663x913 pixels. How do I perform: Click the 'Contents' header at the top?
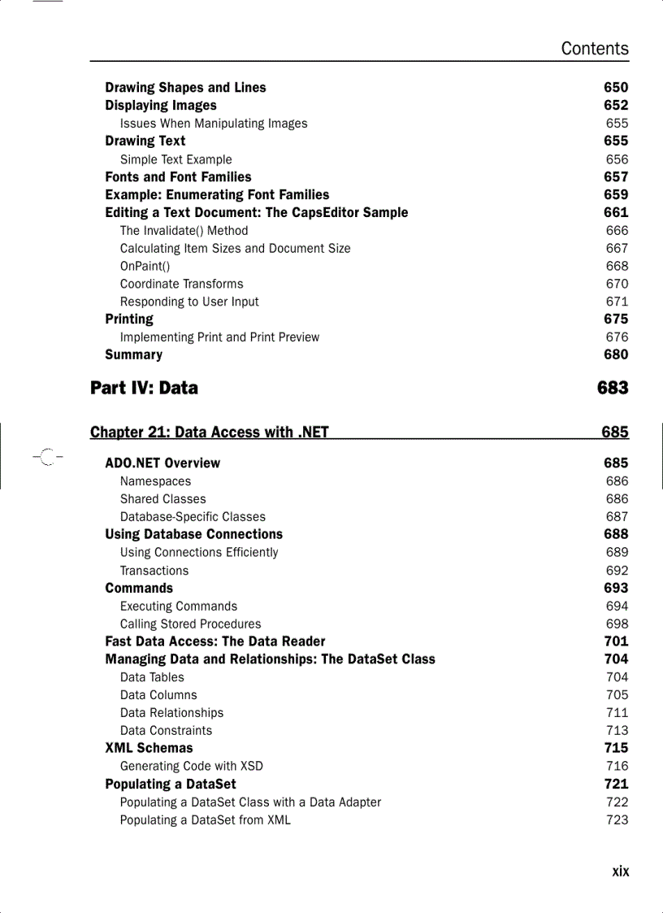(594, 49)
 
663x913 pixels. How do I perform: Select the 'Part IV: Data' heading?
(144, 388)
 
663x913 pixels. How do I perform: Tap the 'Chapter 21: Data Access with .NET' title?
(210, 432)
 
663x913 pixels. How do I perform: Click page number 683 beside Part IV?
(612, 388)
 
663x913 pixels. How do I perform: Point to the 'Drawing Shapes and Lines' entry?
(185, 88)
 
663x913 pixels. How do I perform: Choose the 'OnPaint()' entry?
(145, 266)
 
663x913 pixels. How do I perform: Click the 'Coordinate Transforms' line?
(181, 284)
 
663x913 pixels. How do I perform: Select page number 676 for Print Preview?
(617, 337)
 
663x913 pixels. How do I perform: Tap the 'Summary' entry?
(133, 354)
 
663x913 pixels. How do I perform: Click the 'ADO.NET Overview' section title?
(162, 463)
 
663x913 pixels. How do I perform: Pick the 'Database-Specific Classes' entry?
(193, 516)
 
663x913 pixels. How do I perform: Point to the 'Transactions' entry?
(154, 571)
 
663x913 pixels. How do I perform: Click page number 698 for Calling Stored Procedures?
(617, 624)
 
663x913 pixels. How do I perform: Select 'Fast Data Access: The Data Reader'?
(214, 641)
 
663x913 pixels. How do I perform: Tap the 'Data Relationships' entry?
(171, 712)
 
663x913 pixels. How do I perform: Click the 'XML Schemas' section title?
(149, 748)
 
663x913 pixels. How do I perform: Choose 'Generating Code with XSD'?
(191, 766)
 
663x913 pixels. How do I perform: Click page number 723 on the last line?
(617, 820)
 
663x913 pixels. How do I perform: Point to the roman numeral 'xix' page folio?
(620, 871)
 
